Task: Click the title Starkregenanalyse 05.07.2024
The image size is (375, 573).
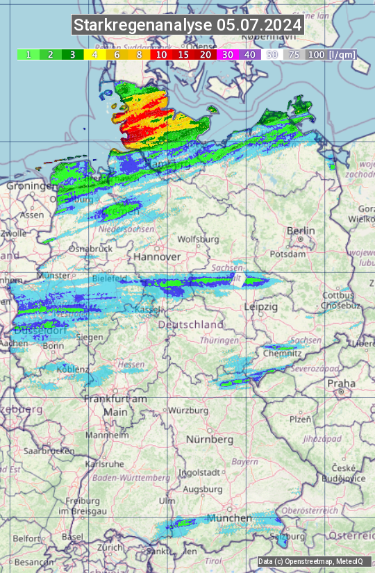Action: [187, 26]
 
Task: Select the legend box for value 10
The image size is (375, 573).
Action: [161, 54]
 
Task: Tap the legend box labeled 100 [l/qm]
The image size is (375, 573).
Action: [331, 54]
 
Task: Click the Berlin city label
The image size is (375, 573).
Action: [301, 231]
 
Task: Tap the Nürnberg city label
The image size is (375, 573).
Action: [209, 440]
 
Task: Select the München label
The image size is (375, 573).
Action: [228, 518]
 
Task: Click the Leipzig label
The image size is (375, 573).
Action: [260, 306]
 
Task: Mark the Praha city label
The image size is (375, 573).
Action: [341, 383]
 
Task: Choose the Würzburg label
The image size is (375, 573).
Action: [188, 410]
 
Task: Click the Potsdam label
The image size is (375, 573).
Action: [303, 254]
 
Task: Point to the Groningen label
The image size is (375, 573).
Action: [32, 186]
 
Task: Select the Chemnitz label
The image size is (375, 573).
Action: [282, 354]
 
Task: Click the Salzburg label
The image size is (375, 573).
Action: [288, 536]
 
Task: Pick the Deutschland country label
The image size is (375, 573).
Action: [191, 324]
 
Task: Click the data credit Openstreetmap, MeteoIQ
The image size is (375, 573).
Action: [314, 561]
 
